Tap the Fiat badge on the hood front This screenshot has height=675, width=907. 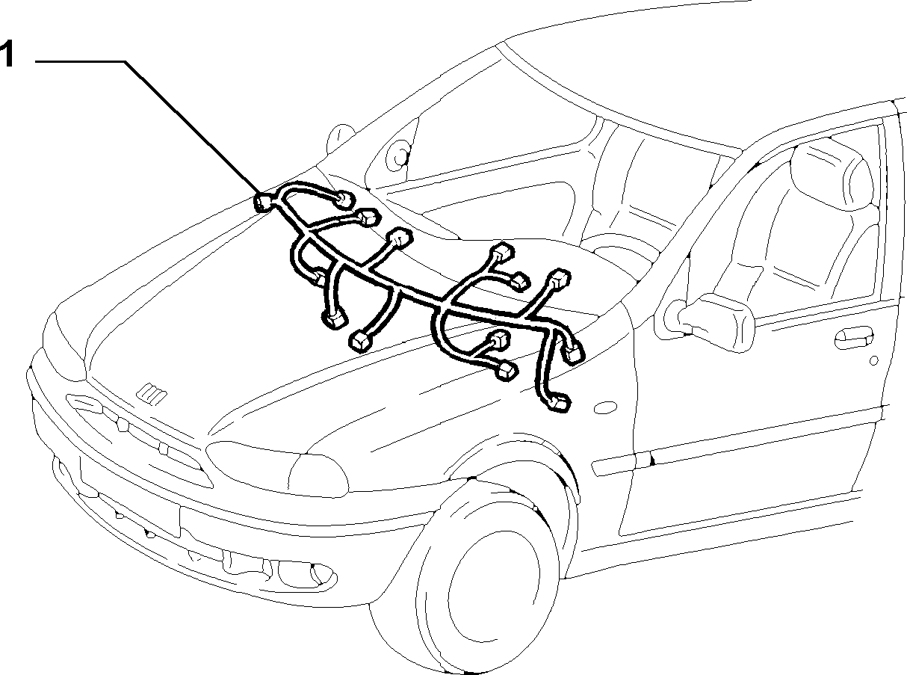point(153,394)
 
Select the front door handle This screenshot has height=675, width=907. point(852,338)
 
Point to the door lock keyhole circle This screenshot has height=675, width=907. point(873,360)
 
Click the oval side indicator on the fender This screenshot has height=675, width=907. point(605,407)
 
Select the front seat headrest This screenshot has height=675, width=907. point(830,174)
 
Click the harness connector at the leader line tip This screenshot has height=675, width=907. point(263,203)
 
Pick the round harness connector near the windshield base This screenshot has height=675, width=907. point(344,200)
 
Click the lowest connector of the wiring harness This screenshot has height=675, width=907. point(557,403)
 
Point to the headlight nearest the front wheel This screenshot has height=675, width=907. point(277,469)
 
